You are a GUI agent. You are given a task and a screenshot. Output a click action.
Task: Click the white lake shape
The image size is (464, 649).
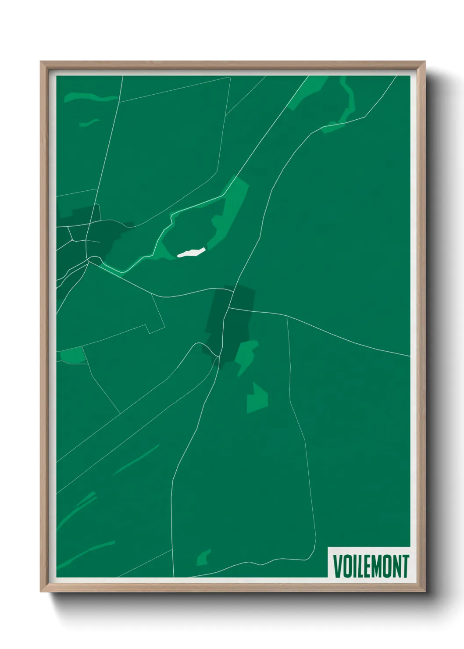pyautogui.click(x=191, y=252)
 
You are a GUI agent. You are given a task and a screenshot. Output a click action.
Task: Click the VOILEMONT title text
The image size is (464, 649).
pyautogui.click(x=371, y=566)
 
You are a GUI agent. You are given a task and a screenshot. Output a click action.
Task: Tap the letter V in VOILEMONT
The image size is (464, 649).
pyautogui.click(x=338, y=566)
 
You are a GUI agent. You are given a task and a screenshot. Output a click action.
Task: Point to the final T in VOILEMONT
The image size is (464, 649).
pyautogui.click(x=405, y=566)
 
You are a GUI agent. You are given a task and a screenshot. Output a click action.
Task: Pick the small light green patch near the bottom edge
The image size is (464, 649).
pyautogui.click(x=203, y=558)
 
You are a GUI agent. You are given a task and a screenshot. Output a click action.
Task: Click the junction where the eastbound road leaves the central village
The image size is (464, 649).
pyautogui.click(x=229, y=308)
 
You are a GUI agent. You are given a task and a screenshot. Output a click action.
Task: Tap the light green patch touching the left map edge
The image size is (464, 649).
pyautogui.click(x=72, y=355)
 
